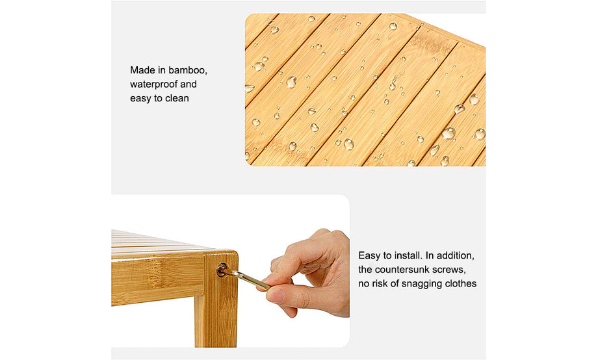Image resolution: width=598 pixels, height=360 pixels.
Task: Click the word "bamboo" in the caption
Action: (x=188, y=70)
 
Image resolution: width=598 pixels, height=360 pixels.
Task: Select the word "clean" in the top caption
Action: (x=177, y=98)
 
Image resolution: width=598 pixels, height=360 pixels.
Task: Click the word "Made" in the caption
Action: (x=141, y=70)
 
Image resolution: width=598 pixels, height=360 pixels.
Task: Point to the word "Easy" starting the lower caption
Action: (x=370, y=256)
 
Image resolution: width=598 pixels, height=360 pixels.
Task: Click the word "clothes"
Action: (x=460, y=284)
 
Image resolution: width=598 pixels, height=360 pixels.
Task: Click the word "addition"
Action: (x=456, y=255)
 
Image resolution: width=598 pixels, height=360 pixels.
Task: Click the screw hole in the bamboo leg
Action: (x=222, y=270)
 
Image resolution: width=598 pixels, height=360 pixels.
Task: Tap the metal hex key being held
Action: (x=246, y=279)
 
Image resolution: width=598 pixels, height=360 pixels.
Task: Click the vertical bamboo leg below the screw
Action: (x=216, y=313)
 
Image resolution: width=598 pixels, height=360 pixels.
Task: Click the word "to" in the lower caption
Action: (x=388, y=256)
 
